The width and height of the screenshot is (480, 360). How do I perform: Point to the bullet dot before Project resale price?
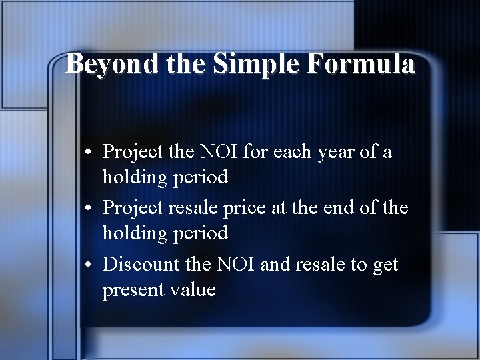(x=89, y=209)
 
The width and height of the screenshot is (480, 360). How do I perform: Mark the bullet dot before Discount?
(x=89, y=265)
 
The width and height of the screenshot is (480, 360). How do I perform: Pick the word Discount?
(x=141, y=265)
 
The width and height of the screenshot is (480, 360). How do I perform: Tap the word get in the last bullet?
(x=385, y=266)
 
